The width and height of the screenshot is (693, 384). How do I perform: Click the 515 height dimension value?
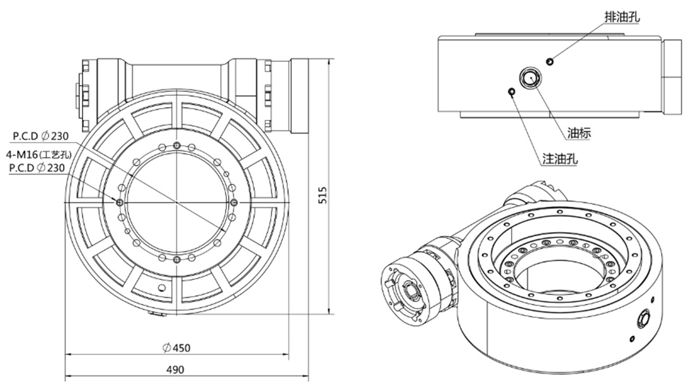323,195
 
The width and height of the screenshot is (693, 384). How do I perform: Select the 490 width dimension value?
175,370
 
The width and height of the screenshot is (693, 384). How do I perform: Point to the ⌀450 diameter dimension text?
177,348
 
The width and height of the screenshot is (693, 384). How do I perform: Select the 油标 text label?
579,133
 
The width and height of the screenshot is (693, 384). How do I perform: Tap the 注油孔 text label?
560,159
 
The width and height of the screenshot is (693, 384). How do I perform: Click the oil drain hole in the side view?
549,62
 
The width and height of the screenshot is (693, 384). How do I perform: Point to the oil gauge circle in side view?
530,78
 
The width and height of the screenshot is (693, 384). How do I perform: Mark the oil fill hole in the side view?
512,92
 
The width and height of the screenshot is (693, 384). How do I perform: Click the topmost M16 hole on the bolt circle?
177,146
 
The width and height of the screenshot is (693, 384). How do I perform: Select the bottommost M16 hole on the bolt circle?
177,259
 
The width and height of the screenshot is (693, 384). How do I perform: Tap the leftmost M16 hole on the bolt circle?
120,202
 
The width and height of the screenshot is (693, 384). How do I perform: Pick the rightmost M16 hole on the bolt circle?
234,202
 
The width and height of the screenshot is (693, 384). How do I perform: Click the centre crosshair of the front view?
177,202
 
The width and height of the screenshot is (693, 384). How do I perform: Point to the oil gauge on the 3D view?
643,318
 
